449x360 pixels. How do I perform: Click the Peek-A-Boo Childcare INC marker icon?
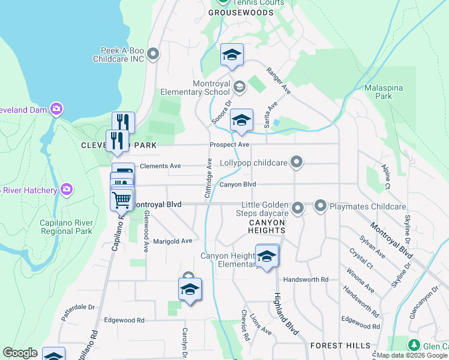coord(153,55)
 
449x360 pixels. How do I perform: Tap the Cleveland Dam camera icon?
coord(57,109)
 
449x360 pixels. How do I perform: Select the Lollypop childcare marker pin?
coord(295,162)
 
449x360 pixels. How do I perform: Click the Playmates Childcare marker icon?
coord(320,206)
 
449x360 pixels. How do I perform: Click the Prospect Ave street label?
coord(229,145)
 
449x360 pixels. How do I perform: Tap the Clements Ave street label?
coord(160,166)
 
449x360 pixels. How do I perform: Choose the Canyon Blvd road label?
coord(237,184)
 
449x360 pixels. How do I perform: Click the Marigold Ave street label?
coord(172,241)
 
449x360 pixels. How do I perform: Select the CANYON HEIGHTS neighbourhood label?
coord(267,226)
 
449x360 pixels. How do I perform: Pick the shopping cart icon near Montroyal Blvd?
coord(122,199)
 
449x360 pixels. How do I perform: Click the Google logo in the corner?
coord(20,353)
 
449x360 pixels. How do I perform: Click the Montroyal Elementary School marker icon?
coord(239,88)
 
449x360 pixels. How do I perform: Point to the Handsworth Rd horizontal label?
coord(306,280)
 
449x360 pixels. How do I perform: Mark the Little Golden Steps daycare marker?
coord(297,208)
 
